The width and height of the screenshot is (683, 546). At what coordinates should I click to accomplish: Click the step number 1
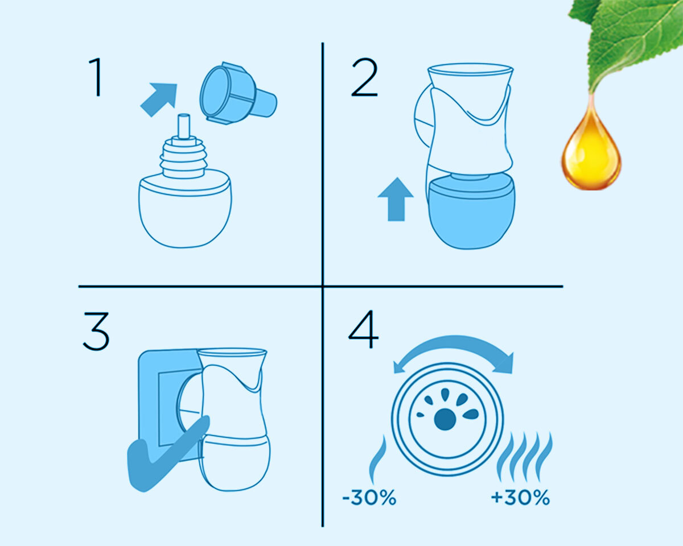[x=96, y=77]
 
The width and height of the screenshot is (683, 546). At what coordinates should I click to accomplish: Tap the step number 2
[x=365, y=77]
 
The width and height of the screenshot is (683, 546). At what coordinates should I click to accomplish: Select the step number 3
[x=96, y=331]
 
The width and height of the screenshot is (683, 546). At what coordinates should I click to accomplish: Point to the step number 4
[x=364, y=329]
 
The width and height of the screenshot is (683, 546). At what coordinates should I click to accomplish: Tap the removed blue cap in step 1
[x=238, y=93]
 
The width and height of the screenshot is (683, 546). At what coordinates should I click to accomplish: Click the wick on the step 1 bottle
[x=184, y=126]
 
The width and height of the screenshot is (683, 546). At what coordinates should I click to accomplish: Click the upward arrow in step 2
[x=396, y=199]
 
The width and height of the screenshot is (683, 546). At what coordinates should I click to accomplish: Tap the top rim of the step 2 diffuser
[x=470, y=70]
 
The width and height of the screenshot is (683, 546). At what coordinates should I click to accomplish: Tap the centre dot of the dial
[x=445, y=419]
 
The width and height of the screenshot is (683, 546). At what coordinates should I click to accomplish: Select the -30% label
[x=369, y=498]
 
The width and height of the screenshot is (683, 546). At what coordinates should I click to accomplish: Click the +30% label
[x=520, y=498]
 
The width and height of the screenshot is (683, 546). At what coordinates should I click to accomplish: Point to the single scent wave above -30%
[x=378, y=459]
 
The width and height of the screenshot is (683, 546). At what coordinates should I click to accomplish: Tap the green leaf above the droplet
[x=632, y=42]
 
